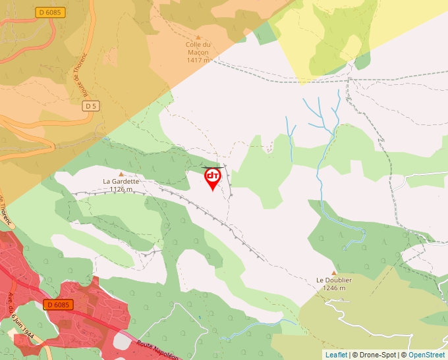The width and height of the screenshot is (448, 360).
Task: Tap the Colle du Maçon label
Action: point(198,49)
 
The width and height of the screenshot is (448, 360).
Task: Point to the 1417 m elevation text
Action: point(198,60)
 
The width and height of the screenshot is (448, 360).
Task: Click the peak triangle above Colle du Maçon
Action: point(198,38)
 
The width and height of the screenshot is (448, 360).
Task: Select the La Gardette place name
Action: point(121,181)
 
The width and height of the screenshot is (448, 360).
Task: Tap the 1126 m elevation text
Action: point(121,190)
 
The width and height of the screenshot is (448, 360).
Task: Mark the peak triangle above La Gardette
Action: point(121,174)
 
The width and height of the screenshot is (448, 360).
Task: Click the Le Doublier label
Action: point(334,280)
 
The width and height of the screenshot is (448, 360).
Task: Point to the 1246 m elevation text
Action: point(334,288)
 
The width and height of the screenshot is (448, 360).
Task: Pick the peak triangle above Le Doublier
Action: point(334,272)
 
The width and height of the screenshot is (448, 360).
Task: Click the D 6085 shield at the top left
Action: point(50,12)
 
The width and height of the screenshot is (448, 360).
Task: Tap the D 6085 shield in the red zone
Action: point(57,305)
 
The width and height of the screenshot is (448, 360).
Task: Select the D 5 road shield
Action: point(90,106)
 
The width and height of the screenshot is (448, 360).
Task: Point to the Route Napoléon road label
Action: point(158,349)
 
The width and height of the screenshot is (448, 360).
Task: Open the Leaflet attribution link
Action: point(336,355)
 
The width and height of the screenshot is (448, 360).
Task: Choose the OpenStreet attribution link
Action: point(426,355)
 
